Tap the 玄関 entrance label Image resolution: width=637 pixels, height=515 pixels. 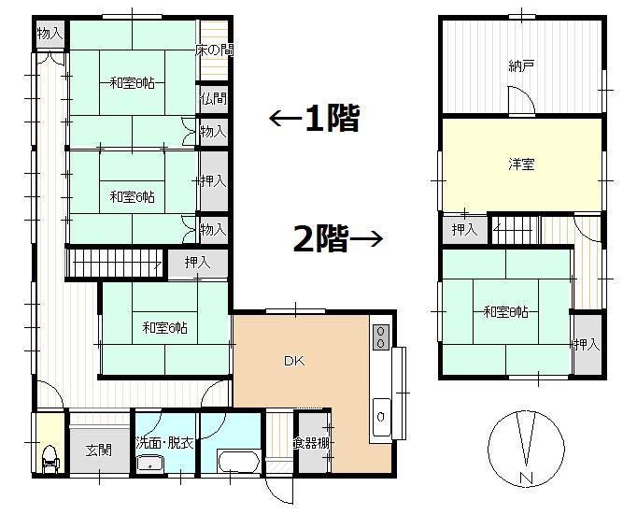[99, 450]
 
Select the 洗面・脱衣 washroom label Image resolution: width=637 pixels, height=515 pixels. [164, 442]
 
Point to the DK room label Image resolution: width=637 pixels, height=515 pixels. [295, 361]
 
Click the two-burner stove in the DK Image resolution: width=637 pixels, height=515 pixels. [381, 337]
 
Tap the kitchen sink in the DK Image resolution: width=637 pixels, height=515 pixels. [381, 414]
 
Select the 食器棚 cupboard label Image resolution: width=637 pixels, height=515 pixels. [311, 443]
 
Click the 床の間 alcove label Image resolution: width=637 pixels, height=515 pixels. [214, 50]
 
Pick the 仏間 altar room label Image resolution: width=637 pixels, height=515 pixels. [213, 98]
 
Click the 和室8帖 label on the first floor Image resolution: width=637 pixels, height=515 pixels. [132, 83]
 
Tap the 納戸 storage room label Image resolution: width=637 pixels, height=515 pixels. [521, 65]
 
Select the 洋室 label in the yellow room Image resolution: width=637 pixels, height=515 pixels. [521, 165]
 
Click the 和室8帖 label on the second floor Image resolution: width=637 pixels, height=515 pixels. [505, 311]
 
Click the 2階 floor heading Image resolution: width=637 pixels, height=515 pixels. [320, 239]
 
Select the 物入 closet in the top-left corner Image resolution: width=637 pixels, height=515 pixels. [50, 34]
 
